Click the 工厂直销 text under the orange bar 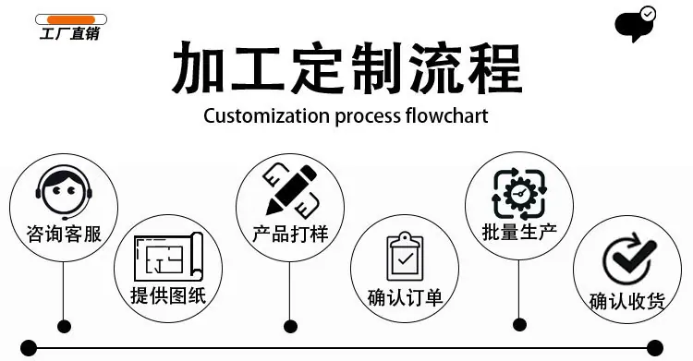70,33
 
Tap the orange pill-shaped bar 71,20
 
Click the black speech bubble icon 635,24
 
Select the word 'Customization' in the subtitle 266,116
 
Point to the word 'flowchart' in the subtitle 446,115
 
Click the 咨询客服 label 64,234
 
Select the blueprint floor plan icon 168,257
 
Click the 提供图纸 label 168,295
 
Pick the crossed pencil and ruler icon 292,190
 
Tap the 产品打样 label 290,234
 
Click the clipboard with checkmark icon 405,257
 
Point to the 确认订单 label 405,297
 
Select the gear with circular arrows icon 519,194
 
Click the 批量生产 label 519,232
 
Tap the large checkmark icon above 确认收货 628,259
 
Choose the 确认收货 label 627,301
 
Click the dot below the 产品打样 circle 290,327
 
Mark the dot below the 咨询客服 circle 64,327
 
